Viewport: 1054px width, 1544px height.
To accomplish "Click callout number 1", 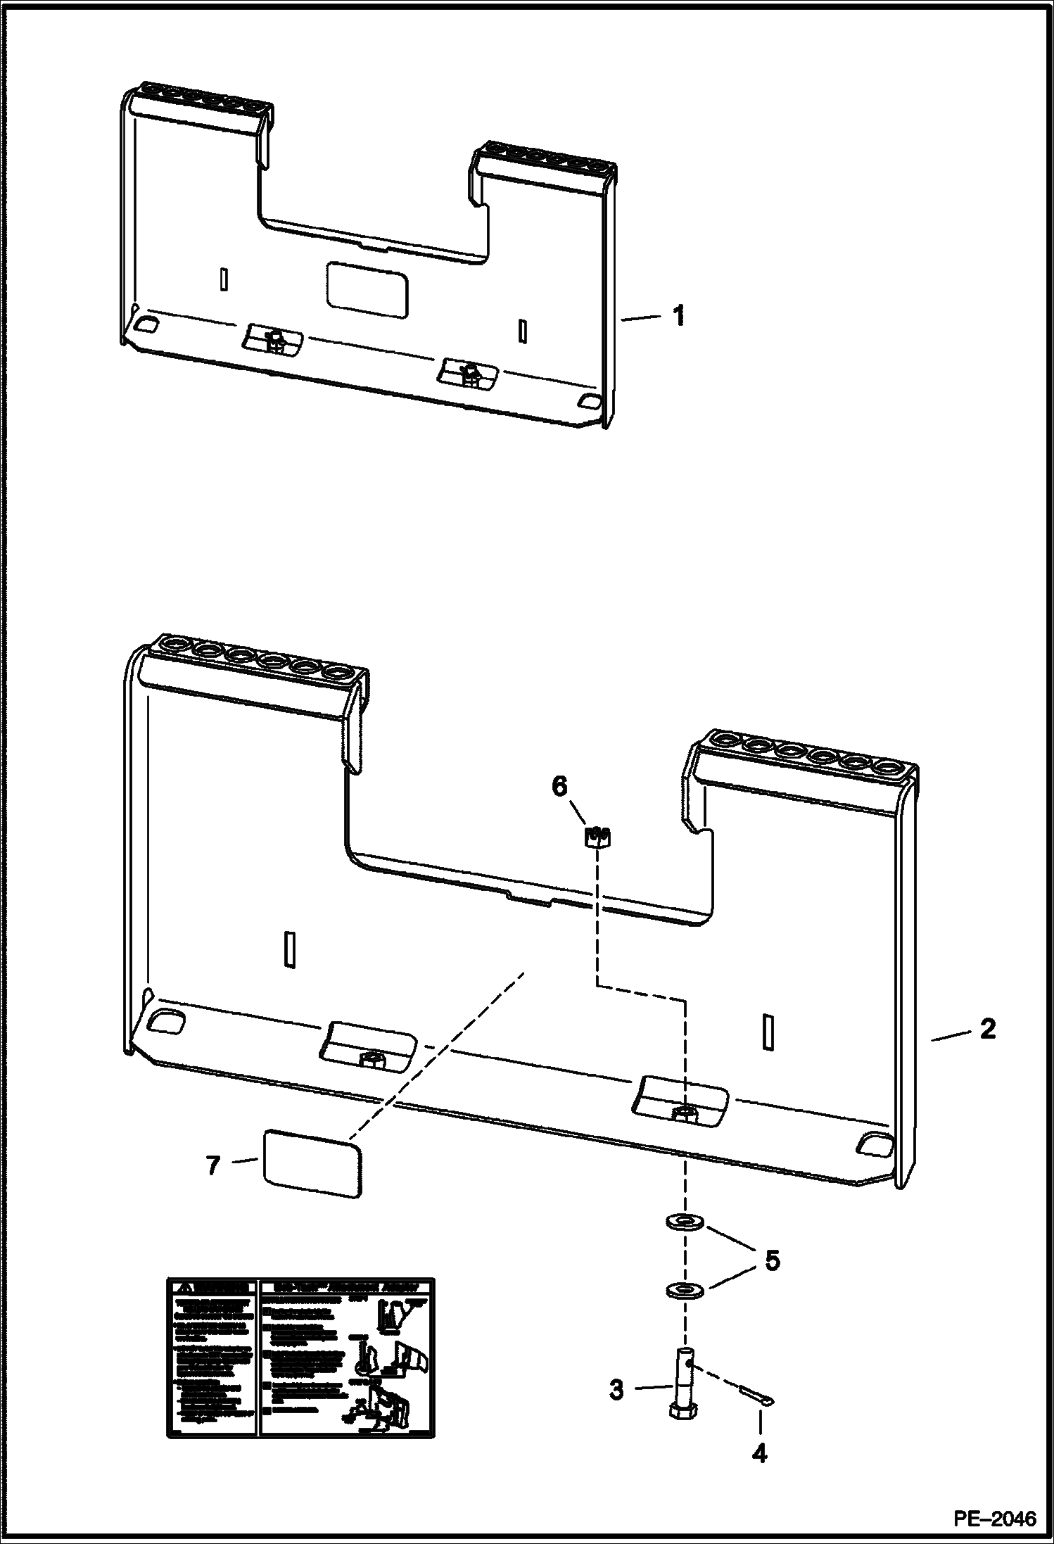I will click(678, 316).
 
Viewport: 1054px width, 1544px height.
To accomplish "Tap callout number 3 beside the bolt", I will click(616, 1390).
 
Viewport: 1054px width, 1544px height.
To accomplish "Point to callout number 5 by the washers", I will click(772, 1260).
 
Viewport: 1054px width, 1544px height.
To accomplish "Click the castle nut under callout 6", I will click(597, 837).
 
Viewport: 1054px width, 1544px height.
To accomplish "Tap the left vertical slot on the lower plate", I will click(288, 949).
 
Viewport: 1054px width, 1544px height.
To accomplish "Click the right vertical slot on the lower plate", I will click(768, 1032).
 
